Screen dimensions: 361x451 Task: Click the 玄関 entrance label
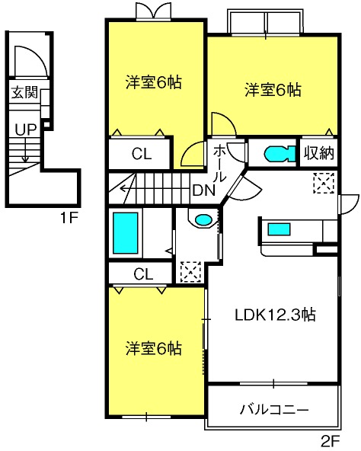coord(24,92)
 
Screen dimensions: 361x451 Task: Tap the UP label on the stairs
coord(25,130)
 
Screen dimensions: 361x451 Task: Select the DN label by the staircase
coord(204,190)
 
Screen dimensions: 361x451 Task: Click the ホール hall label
coord(219,163)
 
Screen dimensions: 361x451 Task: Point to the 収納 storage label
coord(319,152)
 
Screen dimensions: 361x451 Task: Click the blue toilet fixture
coord(280,155)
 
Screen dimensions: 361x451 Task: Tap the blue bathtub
coord(126,233)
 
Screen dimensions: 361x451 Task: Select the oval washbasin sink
coord(203,220)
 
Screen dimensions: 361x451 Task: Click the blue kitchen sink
coord(279,229)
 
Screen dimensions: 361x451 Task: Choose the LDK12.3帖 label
coord(275,315)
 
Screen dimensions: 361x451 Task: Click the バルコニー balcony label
coord(274,409)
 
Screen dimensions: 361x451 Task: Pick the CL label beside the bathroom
coord(143,274)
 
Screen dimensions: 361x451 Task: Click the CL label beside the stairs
coord(142,154)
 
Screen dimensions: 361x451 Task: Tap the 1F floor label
coord(69,218)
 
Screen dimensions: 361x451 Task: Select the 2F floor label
coord(331,440)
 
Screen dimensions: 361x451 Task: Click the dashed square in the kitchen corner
coord(324,183)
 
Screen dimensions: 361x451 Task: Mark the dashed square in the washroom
coord(190,272)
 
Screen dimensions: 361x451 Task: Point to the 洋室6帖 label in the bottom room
coord(154,348)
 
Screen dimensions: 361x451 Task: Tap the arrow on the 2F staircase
coord(127,189)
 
